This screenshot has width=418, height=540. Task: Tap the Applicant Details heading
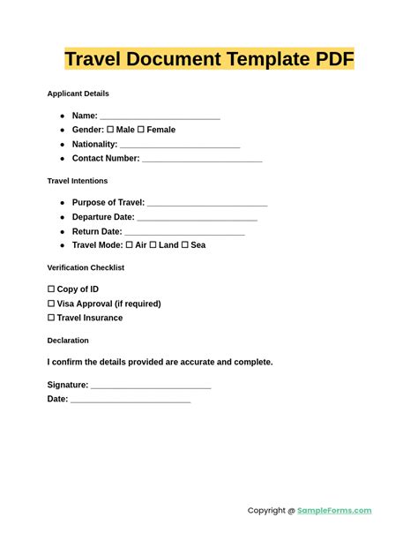pos(78,94)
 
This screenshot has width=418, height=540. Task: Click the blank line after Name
pos(160,116)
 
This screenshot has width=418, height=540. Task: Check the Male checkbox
pos(111,130)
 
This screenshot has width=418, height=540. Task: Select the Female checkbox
pos(141,130)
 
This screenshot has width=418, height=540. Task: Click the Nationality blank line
pos(180,145)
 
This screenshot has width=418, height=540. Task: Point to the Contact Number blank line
pos(202,160)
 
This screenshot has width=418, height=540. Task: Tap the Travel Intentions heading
pos(78,181)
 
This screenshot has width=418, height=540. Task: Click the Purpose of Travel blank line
pos(207,203)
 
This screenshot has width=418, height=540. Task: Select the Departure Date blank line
pos(198,217)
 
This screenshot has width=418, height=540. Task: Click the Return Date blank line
pos(184,232)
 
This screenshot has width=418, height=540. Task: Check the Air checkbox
pos(130,245)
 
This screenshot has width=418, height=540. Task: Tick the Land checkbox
pos(153,245)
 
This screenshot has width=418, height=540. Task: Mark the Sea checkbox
pos(185,245)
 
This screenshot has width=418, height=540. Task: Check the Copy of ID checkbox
pos(51,289)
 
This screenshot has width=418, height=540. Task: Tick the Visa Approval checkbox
pos(51,304)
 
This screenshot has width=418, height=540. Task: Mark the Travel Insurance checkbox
pos(51,318)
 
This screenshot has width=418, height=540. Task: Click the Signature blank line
pos(151,386)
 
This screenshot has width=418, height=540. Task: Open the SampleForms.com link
pos(334,510)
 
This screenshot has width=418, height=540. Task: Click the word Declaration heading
pos(68,341)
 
